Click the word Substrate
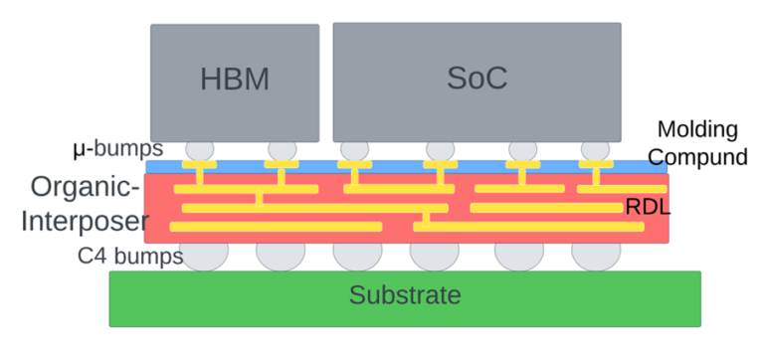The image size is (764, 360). pyautogui.click(x=405, y=295)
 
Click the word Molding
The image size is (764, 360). pyautogui.click(x=697, y=130)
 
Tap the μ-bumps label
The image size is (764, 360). pyautogui.click(x=118, y=150)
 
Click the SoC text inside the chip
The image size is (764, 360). pyautogui.click(x=477, y=79)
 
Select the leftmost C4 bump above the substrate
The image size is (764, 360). pyautogui.click(x=203, y=256)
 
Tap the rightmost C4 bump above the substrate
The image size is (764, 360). pyautogui.click(x=596, y=256)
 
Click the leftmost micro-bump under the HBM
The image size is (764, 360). pyautogui.click(x=200, y=149)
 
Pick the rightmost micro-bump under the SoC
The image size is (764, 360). pyautogui.click(x=595, y=149)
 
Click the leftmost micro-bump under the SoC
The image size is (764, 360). pyautogui.click(x=354, y=149)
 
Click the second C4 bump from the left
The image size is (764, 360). pyautogui.click(x=281, y=256)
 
